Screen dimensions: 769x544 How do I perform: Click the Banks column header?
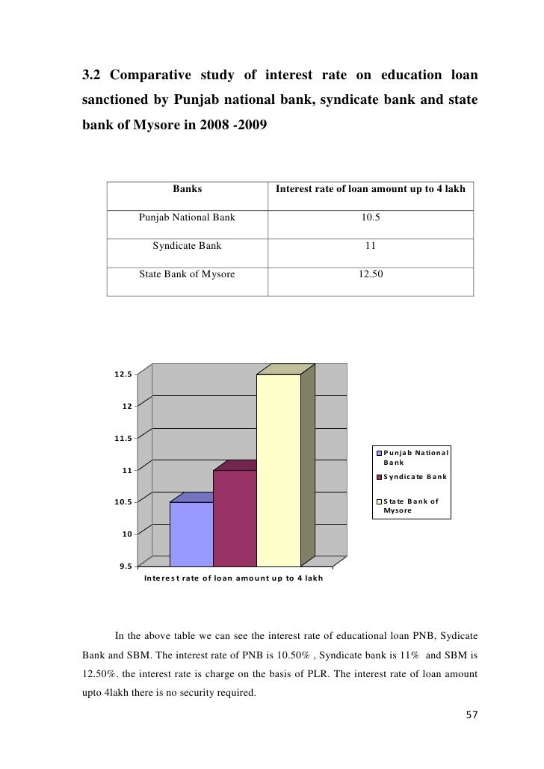(187, 189)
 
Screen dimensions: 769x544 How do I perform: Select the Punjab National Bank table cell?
(187, 217)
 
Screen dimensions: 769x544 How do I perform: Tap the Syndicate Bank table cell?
(187, 245)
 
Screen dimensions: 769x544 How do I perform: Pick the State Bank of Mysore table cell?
(187, 274)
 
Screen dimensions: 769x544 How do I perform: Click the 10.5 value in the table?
(370, 217)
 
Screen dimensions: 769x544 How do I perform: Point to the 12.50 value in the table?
(370, 274)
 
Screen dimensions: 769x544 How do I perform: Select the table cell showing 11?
(370, 245)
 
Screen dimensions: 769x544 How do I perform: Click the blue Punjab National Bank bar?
(191, 534)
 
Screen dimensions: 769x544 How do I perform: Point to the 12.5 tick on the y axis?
(123, 374)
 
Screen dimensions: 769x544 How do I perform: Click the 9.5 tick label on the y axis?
(123, 566)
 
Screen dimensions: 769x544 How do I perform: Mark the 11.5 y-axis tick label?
(123, 438)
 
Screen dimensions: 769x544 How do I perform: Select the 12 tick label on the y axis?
(127, 406)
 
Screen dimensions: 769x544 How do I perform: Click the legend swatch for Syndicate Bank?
(380, 477)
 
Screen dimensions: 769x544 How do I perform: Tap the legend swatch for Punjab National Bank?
(380, 453)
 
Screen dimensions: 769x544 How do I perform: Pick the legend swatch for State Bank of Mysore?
(380, 501)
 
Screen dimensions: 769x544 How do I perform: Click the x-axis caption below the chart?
(233, 579)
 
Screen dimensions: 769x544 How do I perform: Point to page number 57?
(470, 715)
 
